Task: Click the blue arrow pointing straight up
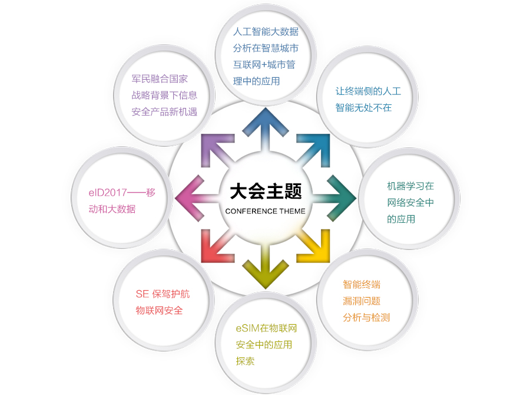coord(265,127)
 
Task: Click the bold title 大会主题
coord(265,191)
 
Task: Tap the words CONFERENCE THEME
coord(265,211)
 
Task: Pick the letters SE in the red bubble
coord(142,294)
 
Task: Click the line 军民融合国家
coord(160,78)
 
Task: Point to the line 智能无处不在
coord(363,107)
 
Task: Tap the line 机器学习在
coord(410,186)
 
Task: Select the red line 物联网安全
coord(159,310)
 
